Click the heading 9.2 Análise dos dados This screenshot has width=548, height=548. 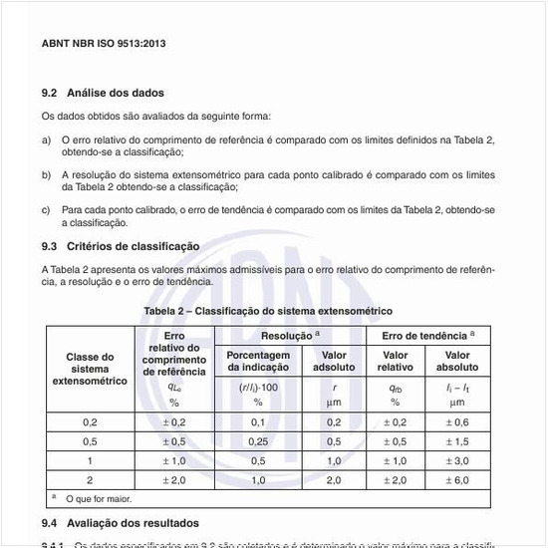[x=103, y=93]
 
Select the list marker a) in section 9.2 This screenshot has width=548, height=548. [x=46, y=140]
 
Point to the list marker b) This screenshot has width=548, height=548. [x=46, y=174]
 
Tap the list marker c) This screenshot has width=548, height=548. [x=46, y=209]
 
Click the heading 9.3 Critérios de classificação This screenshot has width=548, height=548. [x=121, y=246]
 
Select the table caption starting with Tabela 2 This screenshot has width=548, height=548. [x=268, y=312]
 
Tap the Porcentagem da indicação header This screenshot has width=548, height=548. [x=258, y=361]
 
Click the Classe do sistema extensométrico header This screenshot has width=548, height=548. [x=91, y=369]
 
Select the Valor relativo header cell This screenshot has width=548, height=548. [x=396, y=361]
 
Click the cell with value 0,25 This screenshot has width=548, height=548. [x=258, y=441]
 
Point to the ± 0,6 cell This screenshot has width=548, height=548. [x=457, y=422]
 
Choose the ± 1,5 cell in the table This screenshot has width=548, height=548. [x=457, y=441]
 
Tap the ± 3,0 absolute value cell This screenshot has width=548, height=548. [x=457, y=460]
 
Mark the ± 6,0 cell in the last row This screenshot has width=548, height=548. [x=457, y=479]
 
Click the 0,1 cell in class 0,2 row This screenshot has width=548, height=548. [x=258, y=422]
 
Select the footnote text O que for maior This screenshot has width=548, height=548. [x=99, y=498]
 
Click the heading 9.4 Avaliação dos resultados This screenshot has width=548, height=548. [x=121, y=523]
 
